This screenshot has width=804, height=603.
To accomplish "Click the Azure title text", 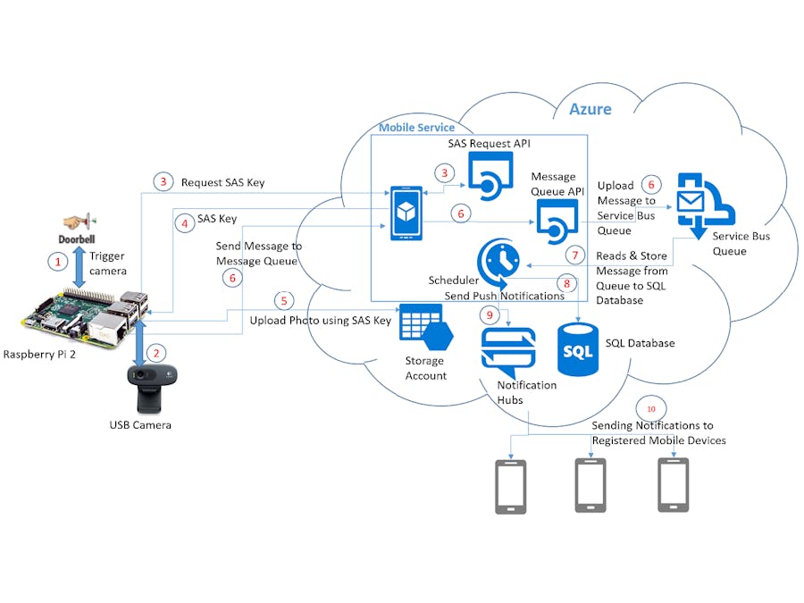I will [x=590, y=109].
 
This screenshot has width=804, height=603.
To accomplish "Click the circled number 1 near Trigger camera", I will [x=58, y=262].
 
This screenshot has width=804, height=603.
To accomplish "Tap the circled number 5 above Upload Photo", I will [x=285, y=300].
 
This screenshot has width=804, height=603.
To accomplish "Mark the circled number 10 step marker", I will [x=651, y=408].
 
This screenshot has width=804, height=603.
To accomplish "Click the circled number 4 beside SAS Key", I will [x=185, y=224].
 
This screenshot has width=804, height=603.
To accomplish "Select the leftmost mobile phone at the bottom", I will [x=511, y=487].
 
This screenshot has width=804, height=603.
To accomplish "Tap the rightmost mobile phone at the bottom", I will [x=672, y=485].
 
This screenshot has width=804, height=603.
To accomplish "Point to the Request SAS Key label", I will [x=222, y=182].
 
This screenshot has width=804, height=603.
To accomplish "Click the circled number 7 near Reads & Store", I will [x=576, y=255].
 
